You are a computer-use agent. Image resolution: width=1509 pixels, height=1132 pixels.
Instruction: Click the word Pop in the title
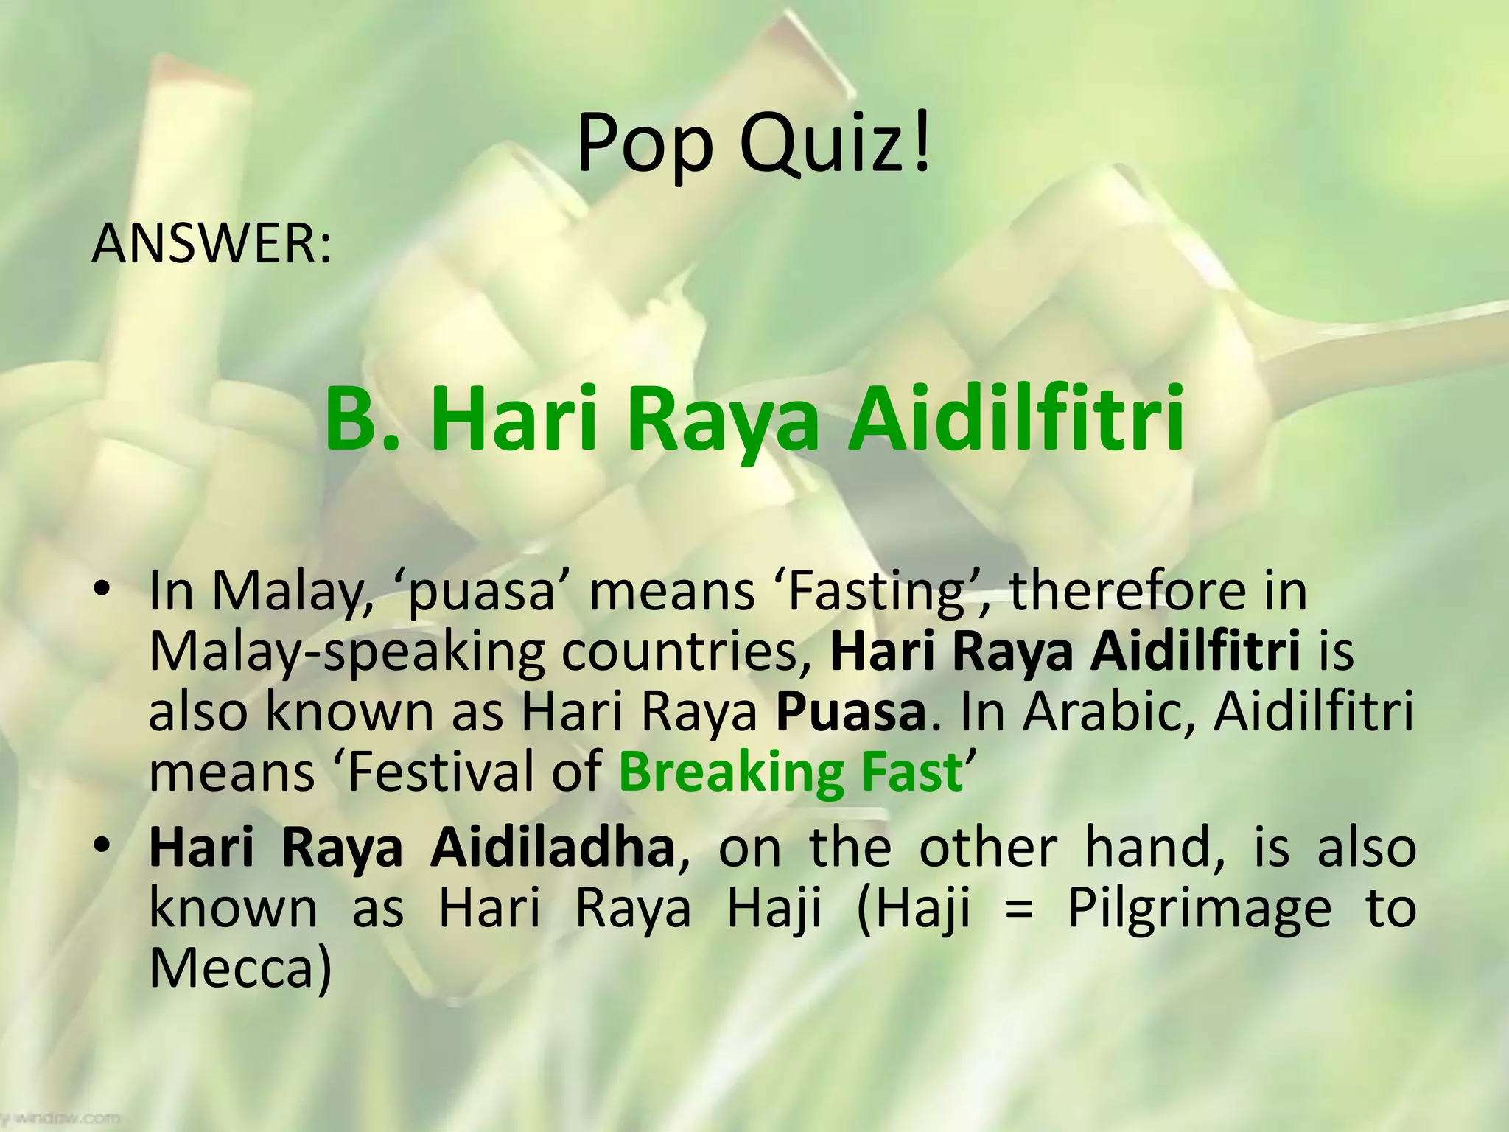pos(644,144)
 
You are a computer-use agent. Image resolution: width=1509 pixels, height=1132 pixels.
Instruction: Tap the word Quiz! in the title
pos(836,144)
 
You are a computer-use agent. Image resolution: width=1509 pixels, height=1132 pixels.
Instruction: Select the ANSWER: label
pos(211,244)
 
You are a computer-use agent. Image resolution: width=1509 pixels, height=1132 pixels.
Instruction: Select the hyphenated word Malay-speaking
pos(346,652)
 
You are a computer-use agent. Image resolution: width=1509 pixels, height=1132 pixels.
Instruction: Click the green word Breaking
pos(729,772)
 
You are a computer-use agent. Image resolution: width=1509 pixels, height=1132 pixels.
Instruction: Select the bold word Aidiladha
pos(553,848)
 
